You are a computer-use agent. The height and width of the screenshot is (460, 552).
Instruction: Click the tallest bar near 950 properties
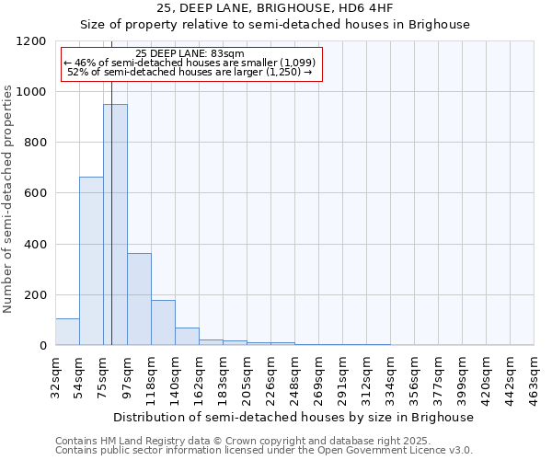point(115,224)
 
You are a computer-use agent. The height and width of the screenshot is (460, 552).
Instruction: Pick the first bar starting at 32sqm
point(67,332)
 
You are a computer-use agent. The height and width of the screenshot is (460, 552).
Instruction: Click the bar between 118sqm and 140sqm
point(163,323)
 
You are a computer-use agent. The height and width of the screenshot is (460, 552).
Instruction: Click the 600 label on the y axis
point(38,193)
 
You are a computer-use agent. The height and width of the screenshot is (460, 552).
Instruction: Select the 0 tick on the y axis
point(43,346)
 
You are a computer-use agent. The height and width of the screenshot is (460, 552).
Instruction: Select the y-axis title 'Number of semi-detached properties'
point(8,193)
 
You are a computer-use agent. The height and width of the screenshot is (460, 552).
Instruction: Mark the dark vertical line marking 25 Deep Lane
point(111,230)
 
